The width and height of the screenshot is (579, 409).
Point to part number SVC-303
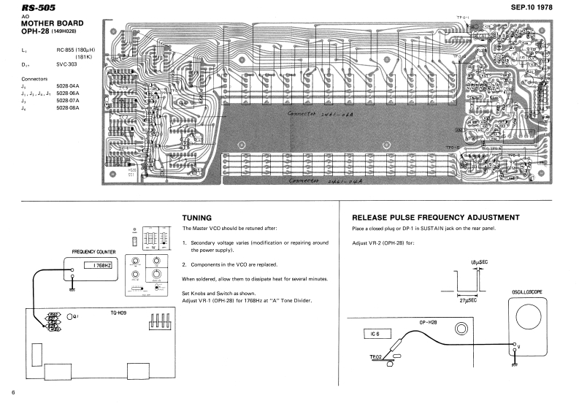click(x=67, y=64)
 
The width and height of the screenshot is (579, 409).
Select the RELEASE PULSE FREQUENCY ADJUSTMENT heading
click(x=435, y=218)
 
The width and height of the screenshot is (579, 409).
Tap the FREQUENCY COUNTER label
click(x=91, y=253)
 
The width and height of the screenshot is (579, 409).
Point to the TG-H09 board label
click(x=118, y=313)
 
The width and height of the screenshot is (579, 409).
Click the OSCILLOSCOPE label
click(x=528, y=293)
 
